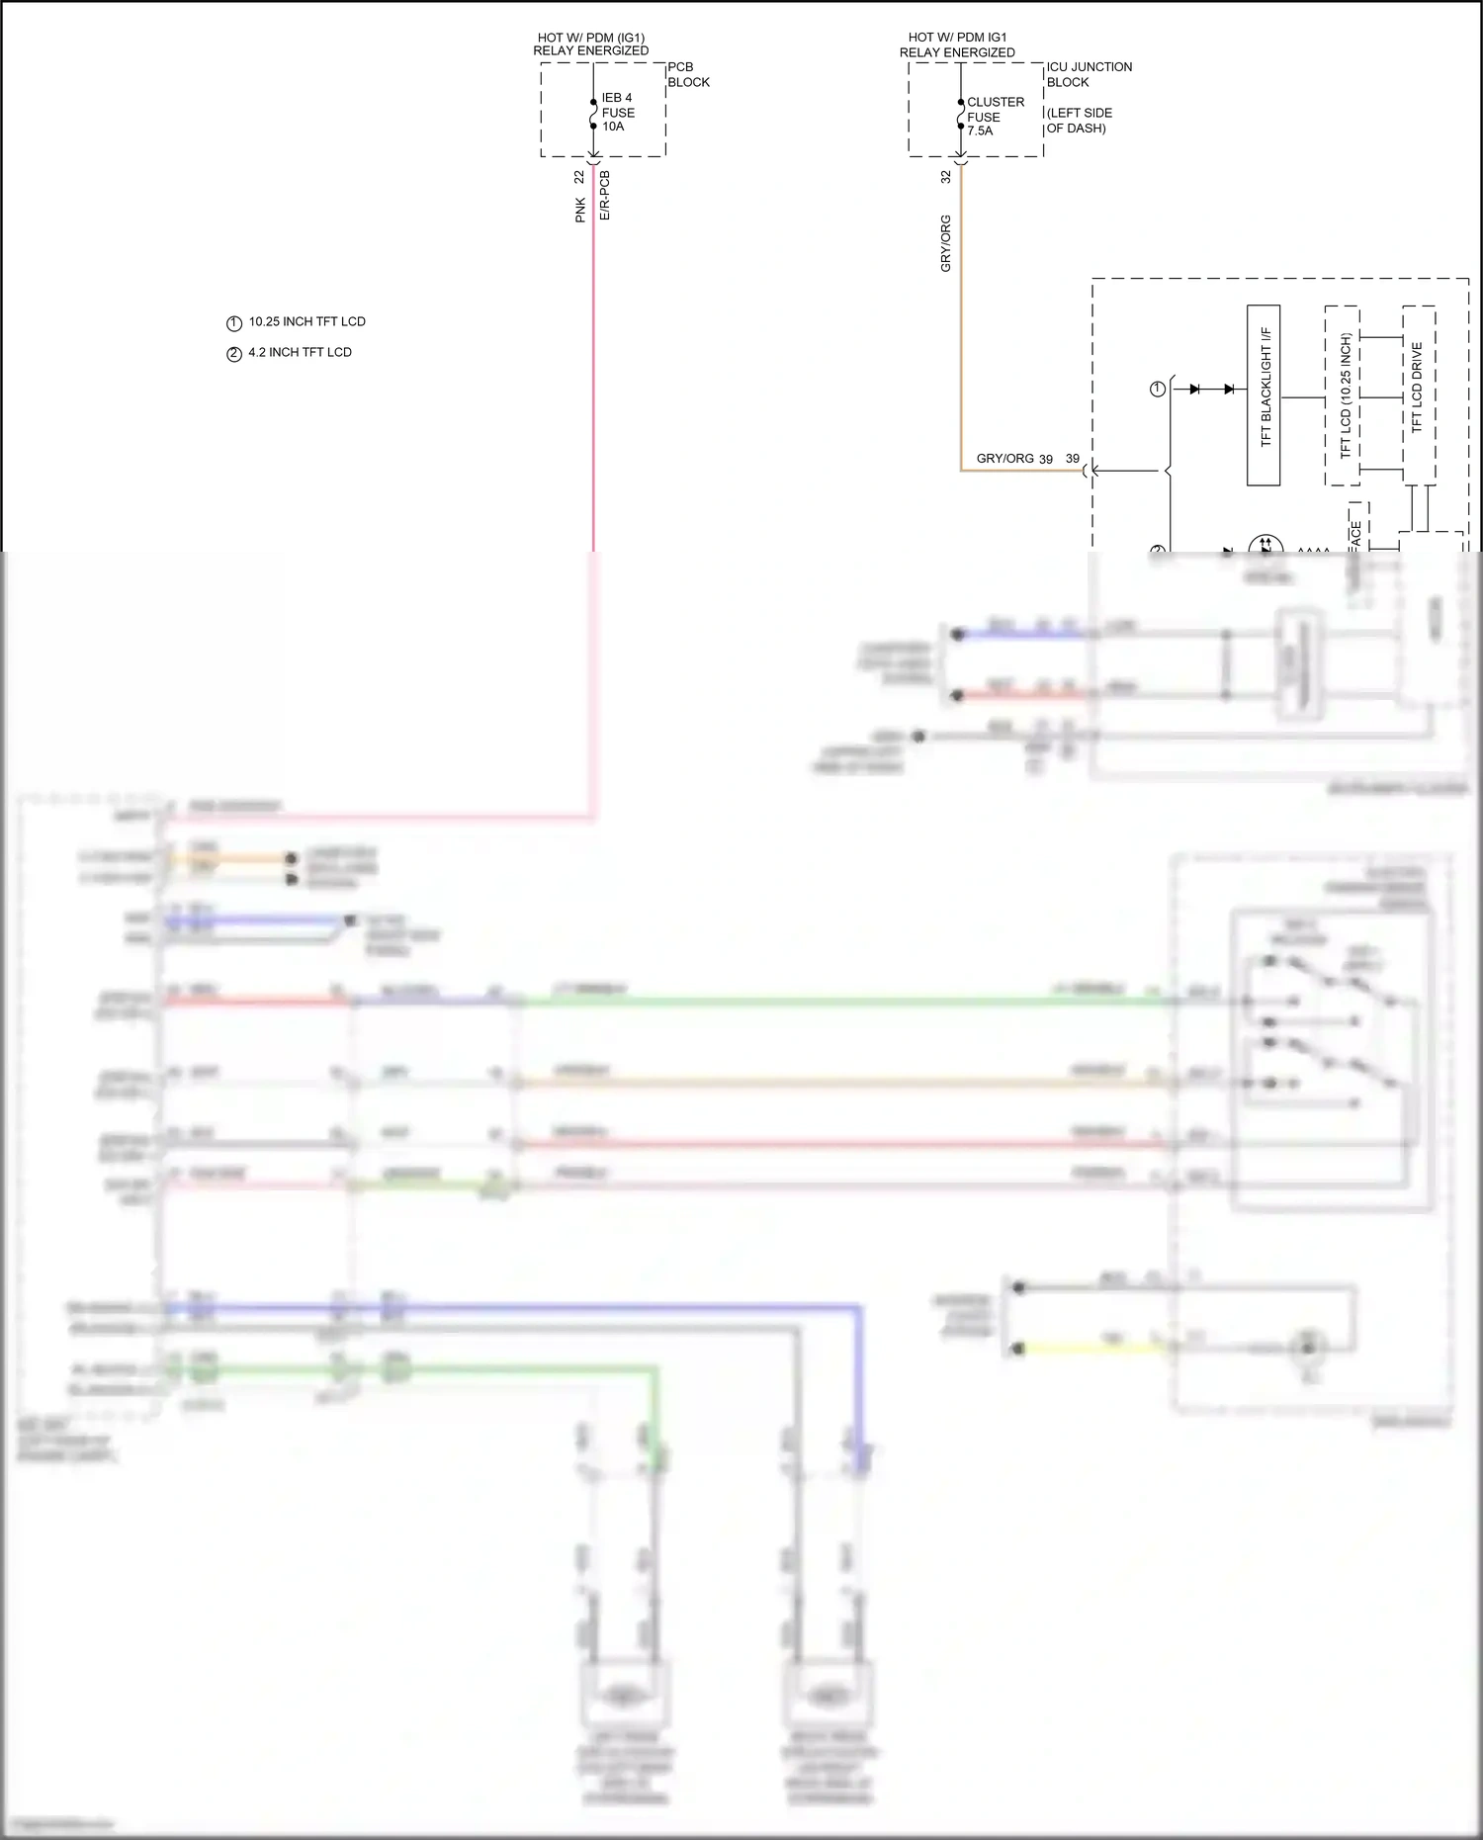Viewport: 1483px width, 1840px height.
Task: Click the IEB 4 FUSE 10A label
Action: (x=617, y=112)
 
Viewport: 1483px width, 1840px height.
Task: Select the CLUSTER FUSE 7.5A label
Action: (x=995, y=116)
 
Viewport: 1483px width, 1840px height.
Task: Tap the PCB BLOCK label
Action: (x=688, y=74)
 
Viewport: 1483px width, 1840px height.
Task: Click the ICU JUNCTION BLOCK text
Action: (x=1089, y=74)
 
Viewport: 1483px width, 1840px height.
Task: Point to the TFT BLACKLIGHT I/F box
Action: (x=1264, y=394)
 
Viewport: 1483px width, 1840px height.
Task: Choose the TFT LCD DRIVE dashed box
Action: (x=1419, y=394)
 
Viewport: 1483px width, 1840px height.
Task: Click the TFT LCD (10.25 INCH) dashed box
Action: (x=1343, y=394)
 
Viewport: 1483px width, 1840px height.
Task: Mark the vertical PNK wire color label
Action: (x=580, y=210)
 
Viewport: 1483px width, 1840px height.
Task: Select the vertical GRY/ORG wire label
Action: (x=945, y=243)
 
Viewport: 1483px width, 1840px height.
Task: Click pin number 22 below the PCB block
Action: (x=579, y=177)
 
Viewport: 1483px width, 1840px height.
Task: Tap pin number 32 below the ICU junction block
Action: (x=945, y=177)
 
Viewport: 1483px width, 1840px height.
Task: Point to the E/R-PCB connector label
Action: (x=604, y=196)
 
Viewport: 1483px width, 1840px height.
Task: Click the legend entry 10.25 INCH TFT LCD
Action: (x=306, y=321)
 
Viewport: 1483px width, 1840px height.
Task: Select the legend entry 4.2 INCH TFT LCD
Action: (x=300, y=352)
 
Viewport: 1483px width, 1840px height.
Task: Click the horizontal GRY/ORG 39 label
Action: (x=1014, y=459)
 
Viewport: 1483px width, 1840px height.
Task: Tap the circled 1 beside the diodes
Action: (x=1158, y=390)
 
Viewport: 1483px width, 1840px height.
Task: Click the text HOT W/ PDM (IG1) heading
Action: (x=590, y=38)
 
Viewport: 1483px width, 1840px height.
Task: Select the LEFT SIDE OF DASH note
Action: (x=1079, y=121)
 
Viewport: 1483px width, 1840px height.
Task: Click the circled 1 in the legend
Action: (x=234, y=323)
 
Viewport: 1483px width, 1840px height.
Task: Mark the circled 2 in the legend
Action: (x=234, y=354)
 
